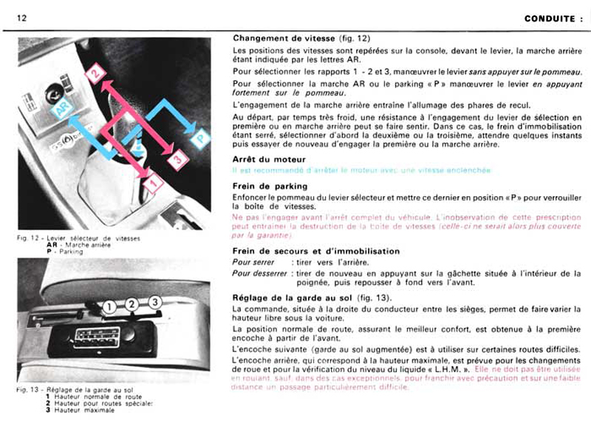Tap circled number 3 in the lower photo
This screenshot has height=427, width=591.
154,302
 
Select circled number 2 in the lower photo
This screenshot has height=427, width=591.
131,304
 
